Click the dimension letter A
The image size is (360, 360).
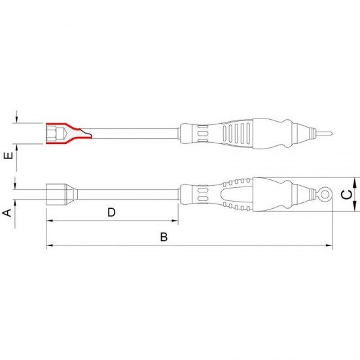pos(7,213)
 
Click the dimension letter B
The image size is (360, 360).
pos(164,237)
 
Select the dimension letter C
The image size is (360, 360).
pos(346,194)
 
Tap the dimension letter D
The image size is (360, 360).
pos(111,212)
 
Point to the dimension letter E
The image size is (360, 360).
pos(9,156)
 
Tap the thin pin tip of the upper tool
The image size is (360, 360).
pos(323,134)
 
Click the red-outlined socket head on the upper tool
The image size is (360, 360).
pos(69,134)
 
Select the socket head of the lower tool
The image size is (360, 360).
pos(62,194)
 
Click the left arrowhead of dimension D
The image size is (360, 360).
pos(49,221)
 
